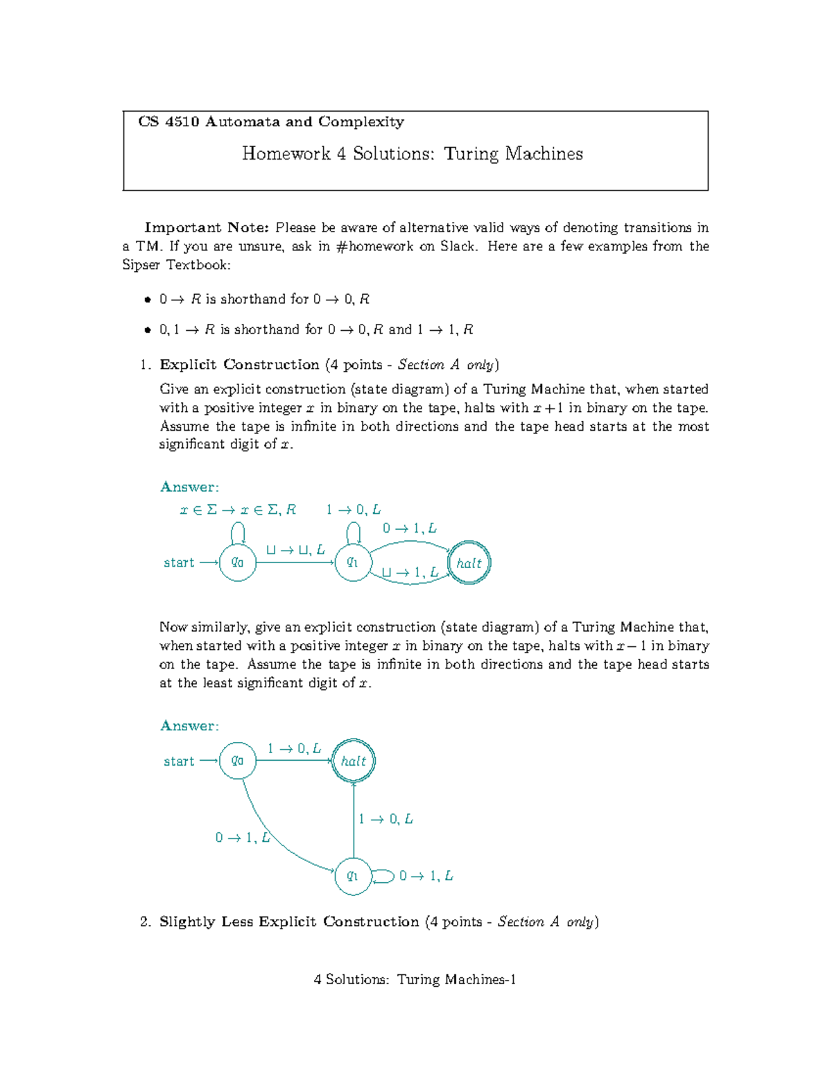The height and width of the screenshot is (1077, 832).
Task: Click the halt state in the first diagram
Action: click(x=469, y=563)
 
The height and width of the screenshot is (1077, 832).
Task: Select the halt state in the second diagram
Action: click(x=354, y=761)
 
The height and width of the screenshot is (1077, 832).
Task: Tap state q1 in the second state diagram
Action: click(x=354, y=877)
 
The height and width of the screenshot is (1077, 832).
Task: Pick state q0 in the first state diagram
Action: click(x=238, y=562)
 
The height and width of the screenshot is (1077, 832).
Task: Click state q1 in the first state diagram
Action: click(x=354, y=562)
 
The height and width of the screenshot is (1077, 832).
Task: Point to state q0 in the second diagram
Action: click(x=238, y=761)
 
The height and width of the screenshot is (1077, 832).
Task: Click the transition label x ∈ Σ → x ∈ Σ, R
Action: click(x=238, y=510)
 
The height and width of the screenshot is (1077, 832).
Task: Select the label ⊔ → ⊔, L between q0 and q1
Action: click(x=295, y=550)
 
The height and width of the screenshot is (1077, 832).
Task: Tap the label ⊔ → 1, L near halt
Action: click(x=410, y=573)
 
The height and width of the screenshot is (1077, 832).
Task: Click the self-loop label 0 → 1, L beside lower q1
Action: click(x=426, y=877)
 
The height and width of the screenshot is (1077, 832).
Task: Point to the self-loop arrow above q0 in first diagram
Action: click(x=238, y=532)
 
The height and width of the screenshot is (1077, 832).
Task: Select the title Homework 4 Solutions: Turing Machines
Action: click(x=413, y=154)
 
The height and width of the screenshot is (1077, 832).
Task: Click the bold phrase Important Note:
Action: click(x=207, y=227)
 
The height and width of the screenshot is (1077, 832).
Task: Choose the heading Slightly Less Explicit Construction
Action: click(x=289, y=922)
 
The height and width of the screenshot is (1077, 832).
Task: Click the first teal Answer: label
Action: click(x=189, y=487)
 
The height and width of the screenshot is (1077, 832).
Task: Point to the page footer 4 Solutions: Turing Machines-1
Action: click(x=415, y=979)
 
